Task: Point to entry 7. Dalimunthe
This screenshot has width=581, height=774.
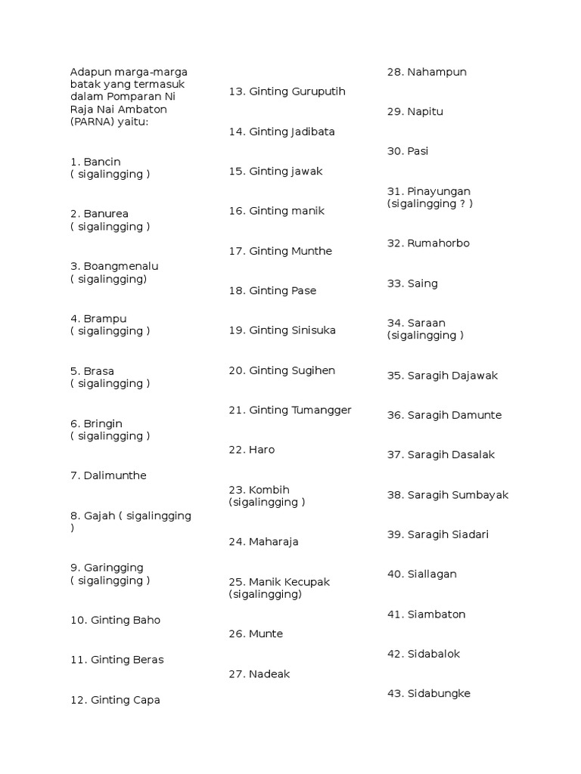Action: click(108, 475)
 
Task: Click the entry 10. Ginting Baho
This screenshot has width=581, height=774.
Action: click(115, 620)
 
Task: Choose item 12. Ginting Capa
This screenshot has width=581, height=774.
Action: click(115, 700)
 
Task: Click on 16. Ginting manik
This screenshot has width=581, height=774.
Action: click(276, 211)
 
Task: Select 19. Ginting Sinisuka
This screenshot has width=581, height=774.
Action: click(282, 330)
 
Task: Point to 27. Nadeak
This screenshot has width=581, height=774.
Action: click(259, 674)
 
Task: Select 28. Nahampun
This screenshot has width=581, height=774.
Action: click(427, 72)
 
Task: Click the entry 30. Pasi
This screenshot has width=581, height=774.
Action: click(408, 151)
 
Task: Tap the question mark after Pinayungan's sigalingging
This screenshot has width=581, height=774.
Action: click(461, 204)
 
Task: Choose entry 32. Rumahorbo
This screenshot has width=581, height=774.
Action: click(428, 243)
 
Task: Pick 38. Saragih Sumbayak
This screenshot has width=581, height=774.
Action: click(448, 495)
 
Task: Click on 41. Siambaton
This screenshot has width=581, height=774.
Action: click(426, 615)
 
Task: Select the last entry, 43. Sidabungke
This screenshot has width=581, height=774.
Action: click(428, 693)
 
